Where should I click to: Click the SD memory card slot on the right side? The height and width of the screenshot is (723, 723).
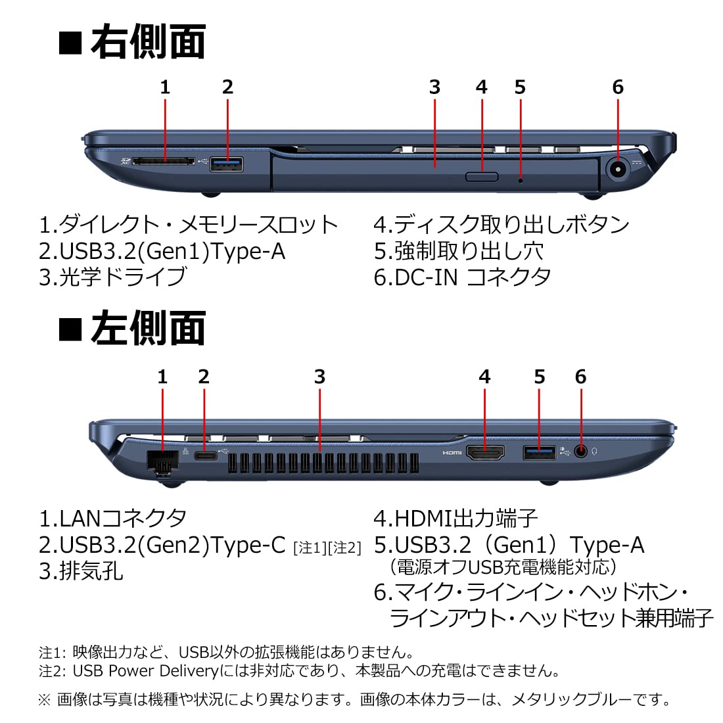[x=164, y=162]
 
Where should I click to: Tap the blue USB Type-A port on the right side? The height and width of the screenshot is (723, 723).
[x=226, y=164]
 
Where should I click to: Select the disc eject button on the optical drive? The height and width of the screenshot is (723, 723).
[x=482, y=177]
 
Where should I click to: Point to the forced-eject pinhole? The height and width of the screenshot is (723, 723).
[x=521, y=180]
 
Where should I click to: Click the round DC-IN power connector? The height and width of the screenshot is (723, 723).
[x=617, y=169]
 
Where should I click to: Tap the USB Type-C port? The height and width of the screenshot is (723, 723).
[x=206, y=456]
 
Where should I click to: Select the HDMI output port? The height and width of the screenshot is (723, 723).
[x=485, y=453]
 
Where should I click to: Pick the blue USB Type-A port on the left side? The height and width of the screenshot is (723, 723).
[x=539, y=453]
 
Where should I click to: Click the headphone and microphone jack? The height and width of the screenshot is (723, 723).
[x=581, y=452]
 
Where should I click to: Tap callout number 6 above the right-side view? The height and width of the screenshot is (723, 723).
[x=618, y=87]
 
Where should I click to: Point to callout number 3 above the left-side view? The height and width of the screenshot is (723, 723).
[x=319, y=377]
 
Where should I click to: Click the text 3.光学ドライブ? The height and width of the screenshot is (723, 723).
[x=112, y=277]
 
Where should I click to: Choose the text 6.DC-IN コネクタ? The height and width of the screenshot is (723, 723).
[x=463, y=277]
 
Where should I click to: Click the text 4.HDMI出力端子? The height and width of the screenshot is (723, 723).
[x=455, y=519]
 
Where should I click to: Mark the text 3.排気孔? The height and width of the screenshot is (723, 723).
[x=81, y=571]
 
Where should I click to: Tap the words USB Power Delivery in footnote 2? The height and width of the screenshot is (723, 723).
[x=145, y=671]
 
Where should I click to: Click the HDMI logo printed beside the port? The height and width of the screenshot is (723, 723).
[x=452, y=453]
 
